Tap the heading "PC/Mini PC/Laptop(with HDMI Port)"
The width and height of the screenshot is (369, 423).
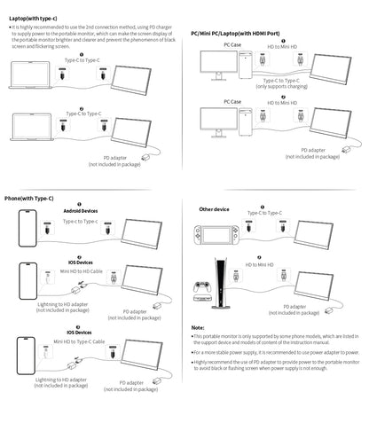coord(240,32)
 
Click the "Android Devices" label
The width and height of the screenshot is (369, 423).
coord(79,210)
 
